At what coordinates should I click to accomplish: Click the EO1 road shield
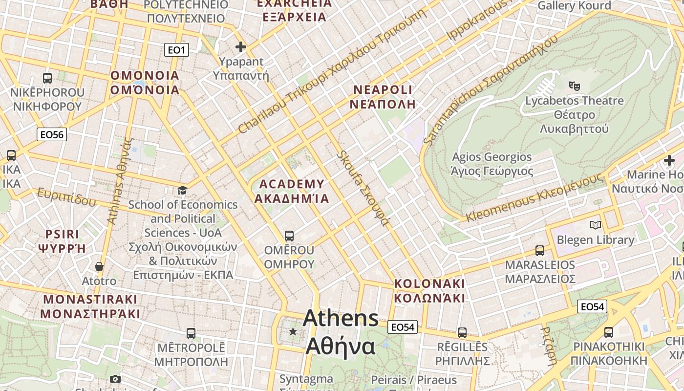176,49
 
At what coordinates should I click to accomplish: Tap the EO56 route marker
52,134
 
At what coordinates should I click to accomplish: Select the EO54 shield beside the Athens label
403,327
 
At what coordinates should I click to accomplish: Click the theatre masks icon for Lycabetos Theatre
575,86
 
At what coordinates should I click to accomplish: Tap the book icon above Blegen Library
595,225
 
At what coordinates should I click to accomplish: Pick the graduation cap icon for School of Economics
182,190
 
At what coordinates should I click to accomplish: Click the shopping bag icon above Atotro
99,266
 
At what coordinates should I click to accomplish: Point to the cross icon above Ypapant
241,47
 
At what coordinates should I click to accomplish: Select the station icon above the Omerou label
289,236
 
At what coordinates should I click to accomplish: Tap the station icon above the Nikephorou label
47,78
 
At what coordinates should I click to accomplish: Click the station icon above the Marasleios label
540,250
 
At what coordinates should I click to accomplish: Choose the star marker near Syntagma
293,331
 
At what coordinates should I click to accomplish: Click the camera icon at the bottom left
115,379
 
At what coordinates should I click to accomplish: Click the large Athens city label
341,332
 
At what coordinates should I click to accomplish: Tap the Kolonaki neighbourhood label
429,291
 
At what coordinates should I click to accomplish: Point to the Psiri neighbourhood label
62,241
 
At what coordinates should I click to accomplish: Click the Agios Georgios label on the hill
492,164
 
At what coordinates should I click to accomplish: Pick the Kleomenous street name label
534,197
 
